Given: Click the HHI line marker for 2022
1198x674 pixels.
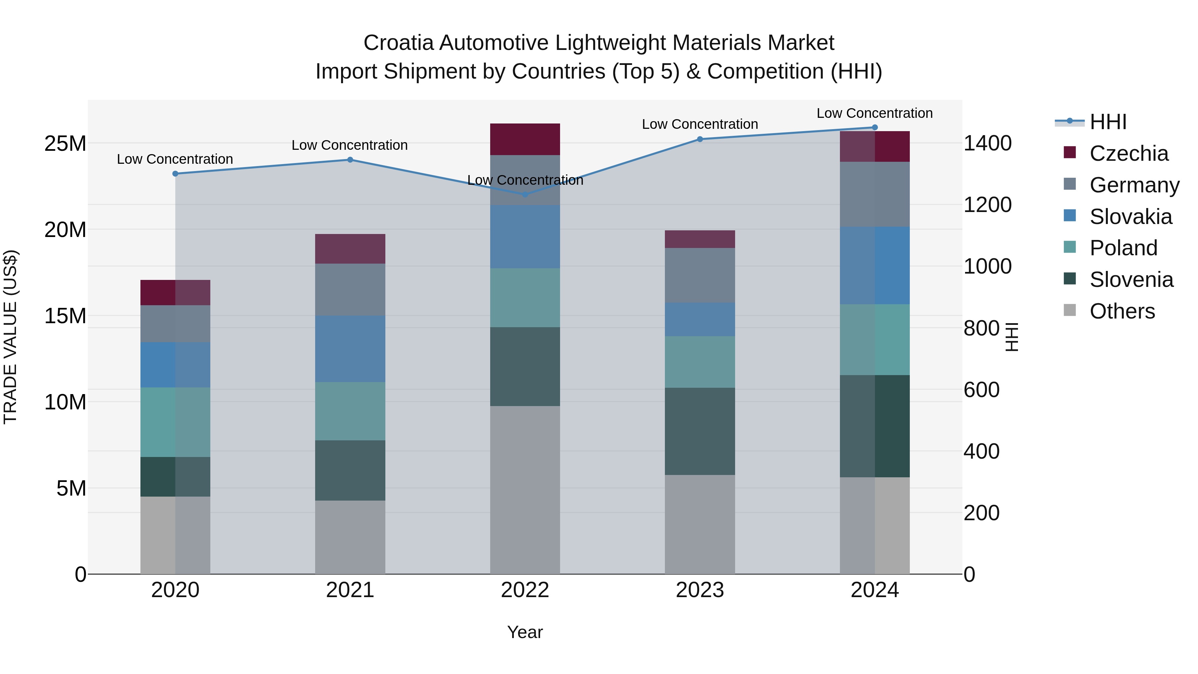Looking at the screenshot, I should [x=525, y=194].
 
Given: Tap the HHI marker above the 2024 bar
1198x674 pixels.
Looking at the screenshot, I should [x=875, y=127].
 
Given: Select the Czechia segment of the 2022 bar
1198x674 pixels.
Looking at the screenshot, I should [x=525, y=139].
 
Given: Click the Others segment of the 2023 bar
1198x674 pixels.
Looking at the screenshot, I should [x=700, y=524].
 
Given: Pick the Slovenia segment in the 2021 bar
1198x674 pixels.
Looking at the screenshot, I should [x=350, y=470].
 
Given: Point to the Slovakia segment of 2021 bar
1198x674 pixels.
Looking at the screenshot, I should [x=350, y=349].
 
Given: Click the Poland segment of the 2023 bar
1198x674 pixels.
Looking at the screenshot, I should [x=700, y=362].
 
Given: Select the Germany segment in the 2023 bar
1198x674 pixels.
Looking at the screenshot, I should [x=700, y=275].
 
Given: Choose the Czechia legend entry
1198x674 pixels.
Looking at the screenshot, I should [x=1128, y=153].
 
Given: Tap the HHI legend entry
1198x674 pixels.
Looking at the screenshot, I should [x=1108, y=122].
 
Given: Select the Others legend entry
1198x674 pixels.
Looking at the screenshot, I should [x=1122, y=311].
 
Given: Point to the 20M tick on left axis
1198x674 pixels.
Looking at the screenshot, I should [x=65, y=230].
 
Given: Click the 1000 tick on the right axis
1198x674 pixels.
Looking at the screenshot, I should [x=987, y=267].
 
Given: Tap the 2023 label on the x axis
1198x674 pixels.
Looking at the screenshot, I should [x=700, y=590].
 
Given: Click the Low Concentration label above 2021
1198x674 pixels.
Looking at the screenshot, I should [x=350, y=145].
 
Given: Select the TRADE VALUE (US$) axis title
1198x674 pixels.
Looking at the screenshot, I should [x=10, y=337].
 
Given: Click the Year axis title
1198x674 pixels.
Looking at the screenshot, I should [x=525, y=632].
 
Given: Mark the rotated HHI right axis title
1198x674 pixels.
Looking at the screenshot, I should [x=1012, y=337].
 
